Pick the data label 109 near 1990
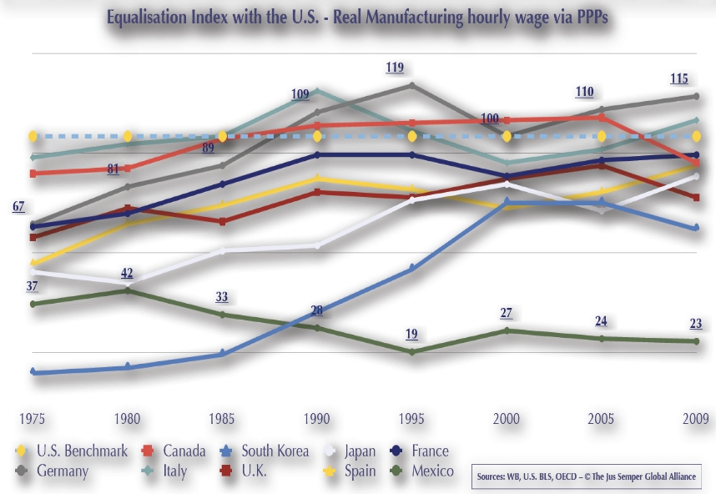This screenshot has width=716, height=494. click(x=300, y=94)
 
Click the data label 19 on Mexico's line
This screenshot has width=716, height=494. click(x=411, y=334)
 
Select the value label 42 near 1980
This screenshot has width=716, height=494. click(x=128, y=274)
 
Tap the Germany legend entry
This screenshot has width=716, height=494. click(x=63, y=471)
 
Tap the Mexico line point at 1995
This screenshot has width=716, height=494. click(x=412, y=352)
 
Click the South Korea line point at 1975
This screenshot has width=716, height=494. click(x=33, y=372)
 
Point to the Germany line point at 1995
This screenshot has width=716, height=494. click(x=412, y=85)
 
